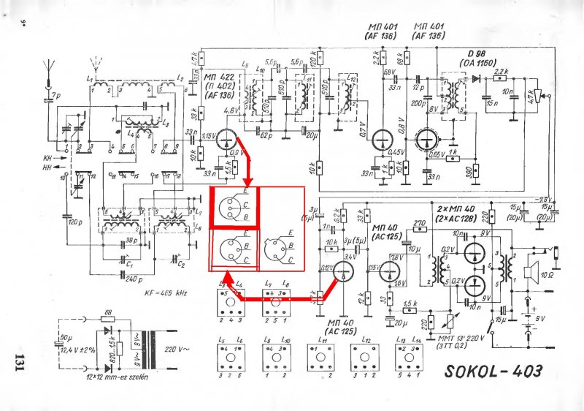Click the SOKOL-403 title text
493,371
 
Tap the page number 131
20,363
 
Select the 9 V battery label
540,320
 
